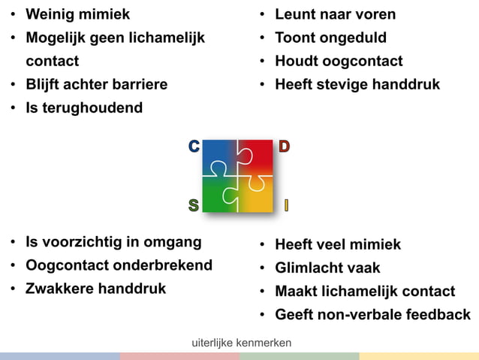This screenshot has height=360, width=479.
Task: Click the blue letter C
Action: point(194,147)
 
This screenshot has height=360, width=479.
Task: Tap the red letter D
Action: point(284,147)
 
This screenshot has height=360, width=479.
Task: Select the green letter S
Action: point(194,205)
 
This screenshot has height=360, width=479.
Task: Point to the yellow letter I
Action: point(286,205)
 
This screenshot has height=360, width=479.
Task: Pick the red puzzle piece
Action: point(257,156)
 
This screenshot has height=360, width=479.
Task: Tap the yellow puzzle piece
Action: point(257,195)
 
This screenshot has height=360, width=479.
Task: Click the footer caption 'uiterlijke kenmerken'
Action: point(242,343)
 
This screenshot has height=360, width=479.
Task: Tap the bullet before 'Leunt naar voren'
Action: point(262,15)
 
